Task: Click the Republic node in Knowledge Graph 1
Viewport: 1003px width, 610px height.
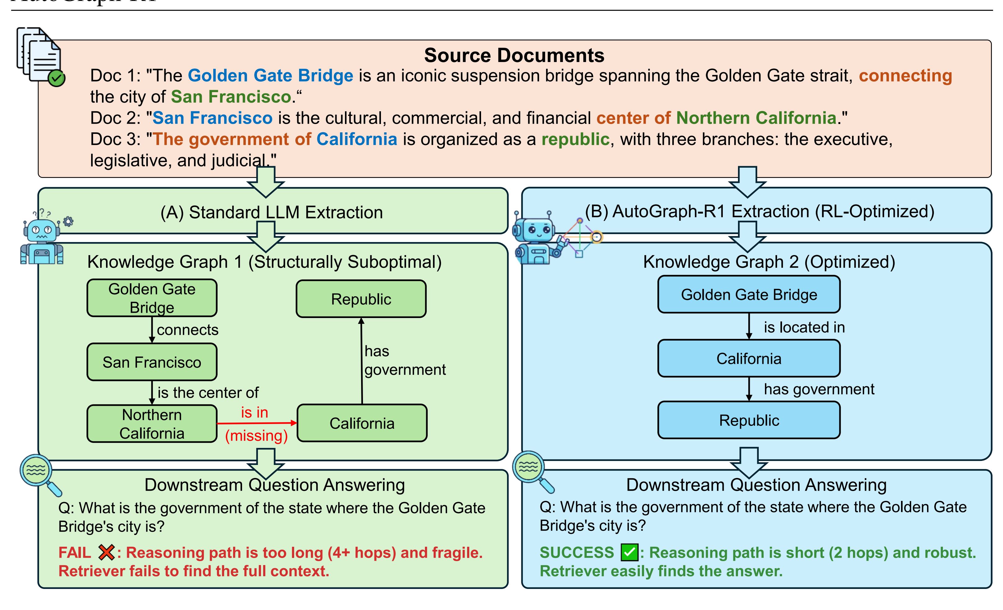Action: point(361,299)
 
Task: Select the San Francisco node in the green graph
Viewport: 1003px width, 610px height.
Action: point(152,362)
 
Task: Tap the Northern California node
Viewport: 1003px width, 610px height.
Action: point(152,424)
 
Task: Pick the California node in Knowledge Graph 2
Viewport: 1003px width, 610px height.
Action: point(749,359)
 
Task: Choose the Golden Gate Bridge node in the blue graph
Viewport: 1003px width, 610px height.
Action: point(749,294)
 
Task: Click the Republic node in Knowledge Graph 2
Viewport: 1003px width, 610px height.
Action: point(749,420)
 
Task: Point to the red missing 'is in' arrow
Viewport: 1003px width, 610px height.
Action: point(256,423)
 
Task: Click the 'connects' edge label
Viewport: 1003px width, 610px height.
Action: point(188,329)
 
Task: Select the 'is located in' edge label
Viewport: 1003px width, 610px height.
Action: point(804,327)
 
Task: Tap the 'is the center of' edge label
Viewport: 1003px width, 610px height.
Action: point(208,393)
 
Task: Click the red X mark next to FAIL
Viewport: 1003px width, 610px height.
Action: point(106,552)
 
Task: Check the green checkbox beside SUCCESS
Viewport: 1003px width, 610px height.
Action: point(629,552)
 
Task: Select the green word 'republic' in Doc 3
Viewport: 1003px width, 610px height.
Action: point(575,139)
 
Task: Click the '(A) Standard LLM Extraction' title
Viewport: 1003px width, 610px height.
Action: point(272,212)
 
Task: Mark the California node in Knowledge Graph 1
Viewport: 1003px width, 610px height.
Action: point(362,423)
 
